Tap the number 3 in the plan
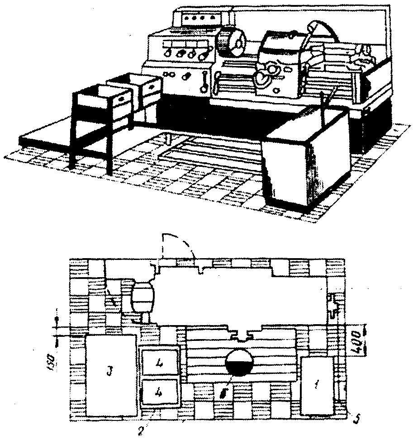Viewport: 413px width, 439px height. coord(108,373)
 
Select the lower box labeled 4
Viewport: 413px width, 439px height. coord(160,392)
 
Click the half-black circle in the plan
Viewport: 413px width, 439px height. coord(240,362)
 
